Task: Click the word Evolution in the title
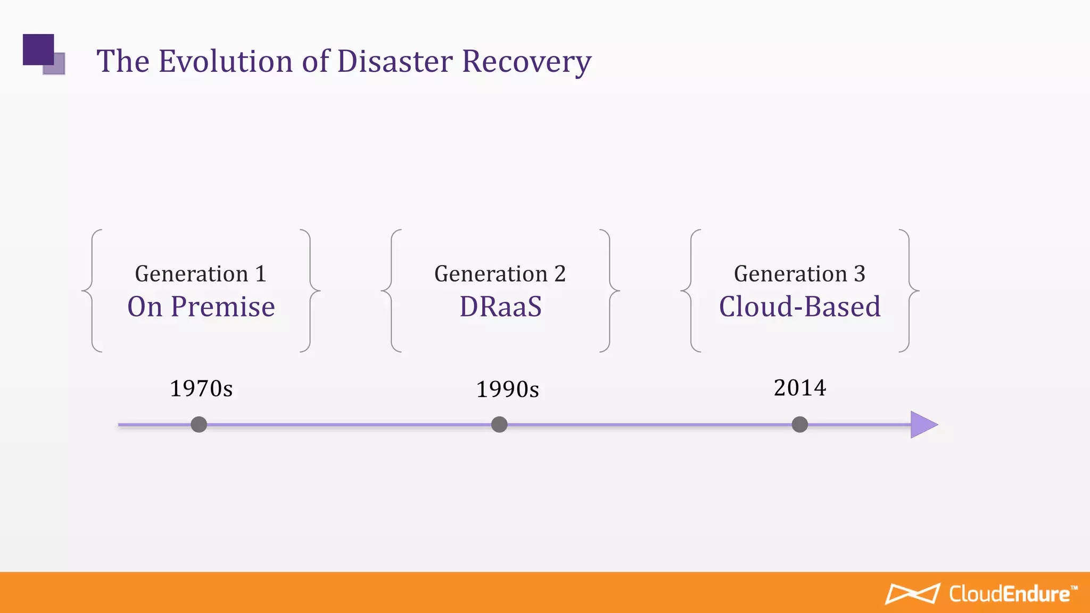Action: pos(226,61)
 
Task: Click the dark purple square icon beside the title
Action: pos(38,49)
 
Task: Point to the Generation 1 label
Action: pos(200,274)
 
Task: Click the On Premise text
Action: pos(201,307)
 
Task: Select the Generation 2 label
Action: pos(500,274)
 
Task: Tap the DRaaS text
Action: pos(500,307)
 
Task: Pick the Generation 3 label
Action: pos(799,274)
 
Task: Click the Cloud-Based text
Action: pos(799,307)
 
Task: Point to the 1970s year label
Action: pos(201,388)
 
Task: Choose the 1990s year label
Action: pos(507,390)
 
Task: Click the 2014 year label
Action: pos(799,387)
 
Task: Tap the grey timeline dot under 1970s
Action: pos(199,425)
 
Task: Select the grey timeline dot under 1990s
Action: pos(499,425)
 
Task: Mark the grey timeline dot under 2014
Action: pos(799,425)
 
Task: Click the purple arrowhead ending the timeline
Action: pos(922,425)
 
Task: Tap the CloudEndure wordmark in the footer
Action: pos(1010,594)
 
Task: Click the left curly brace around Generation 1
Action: pos(91,291)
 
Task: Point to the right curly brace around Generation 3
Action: pos(910,291)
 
